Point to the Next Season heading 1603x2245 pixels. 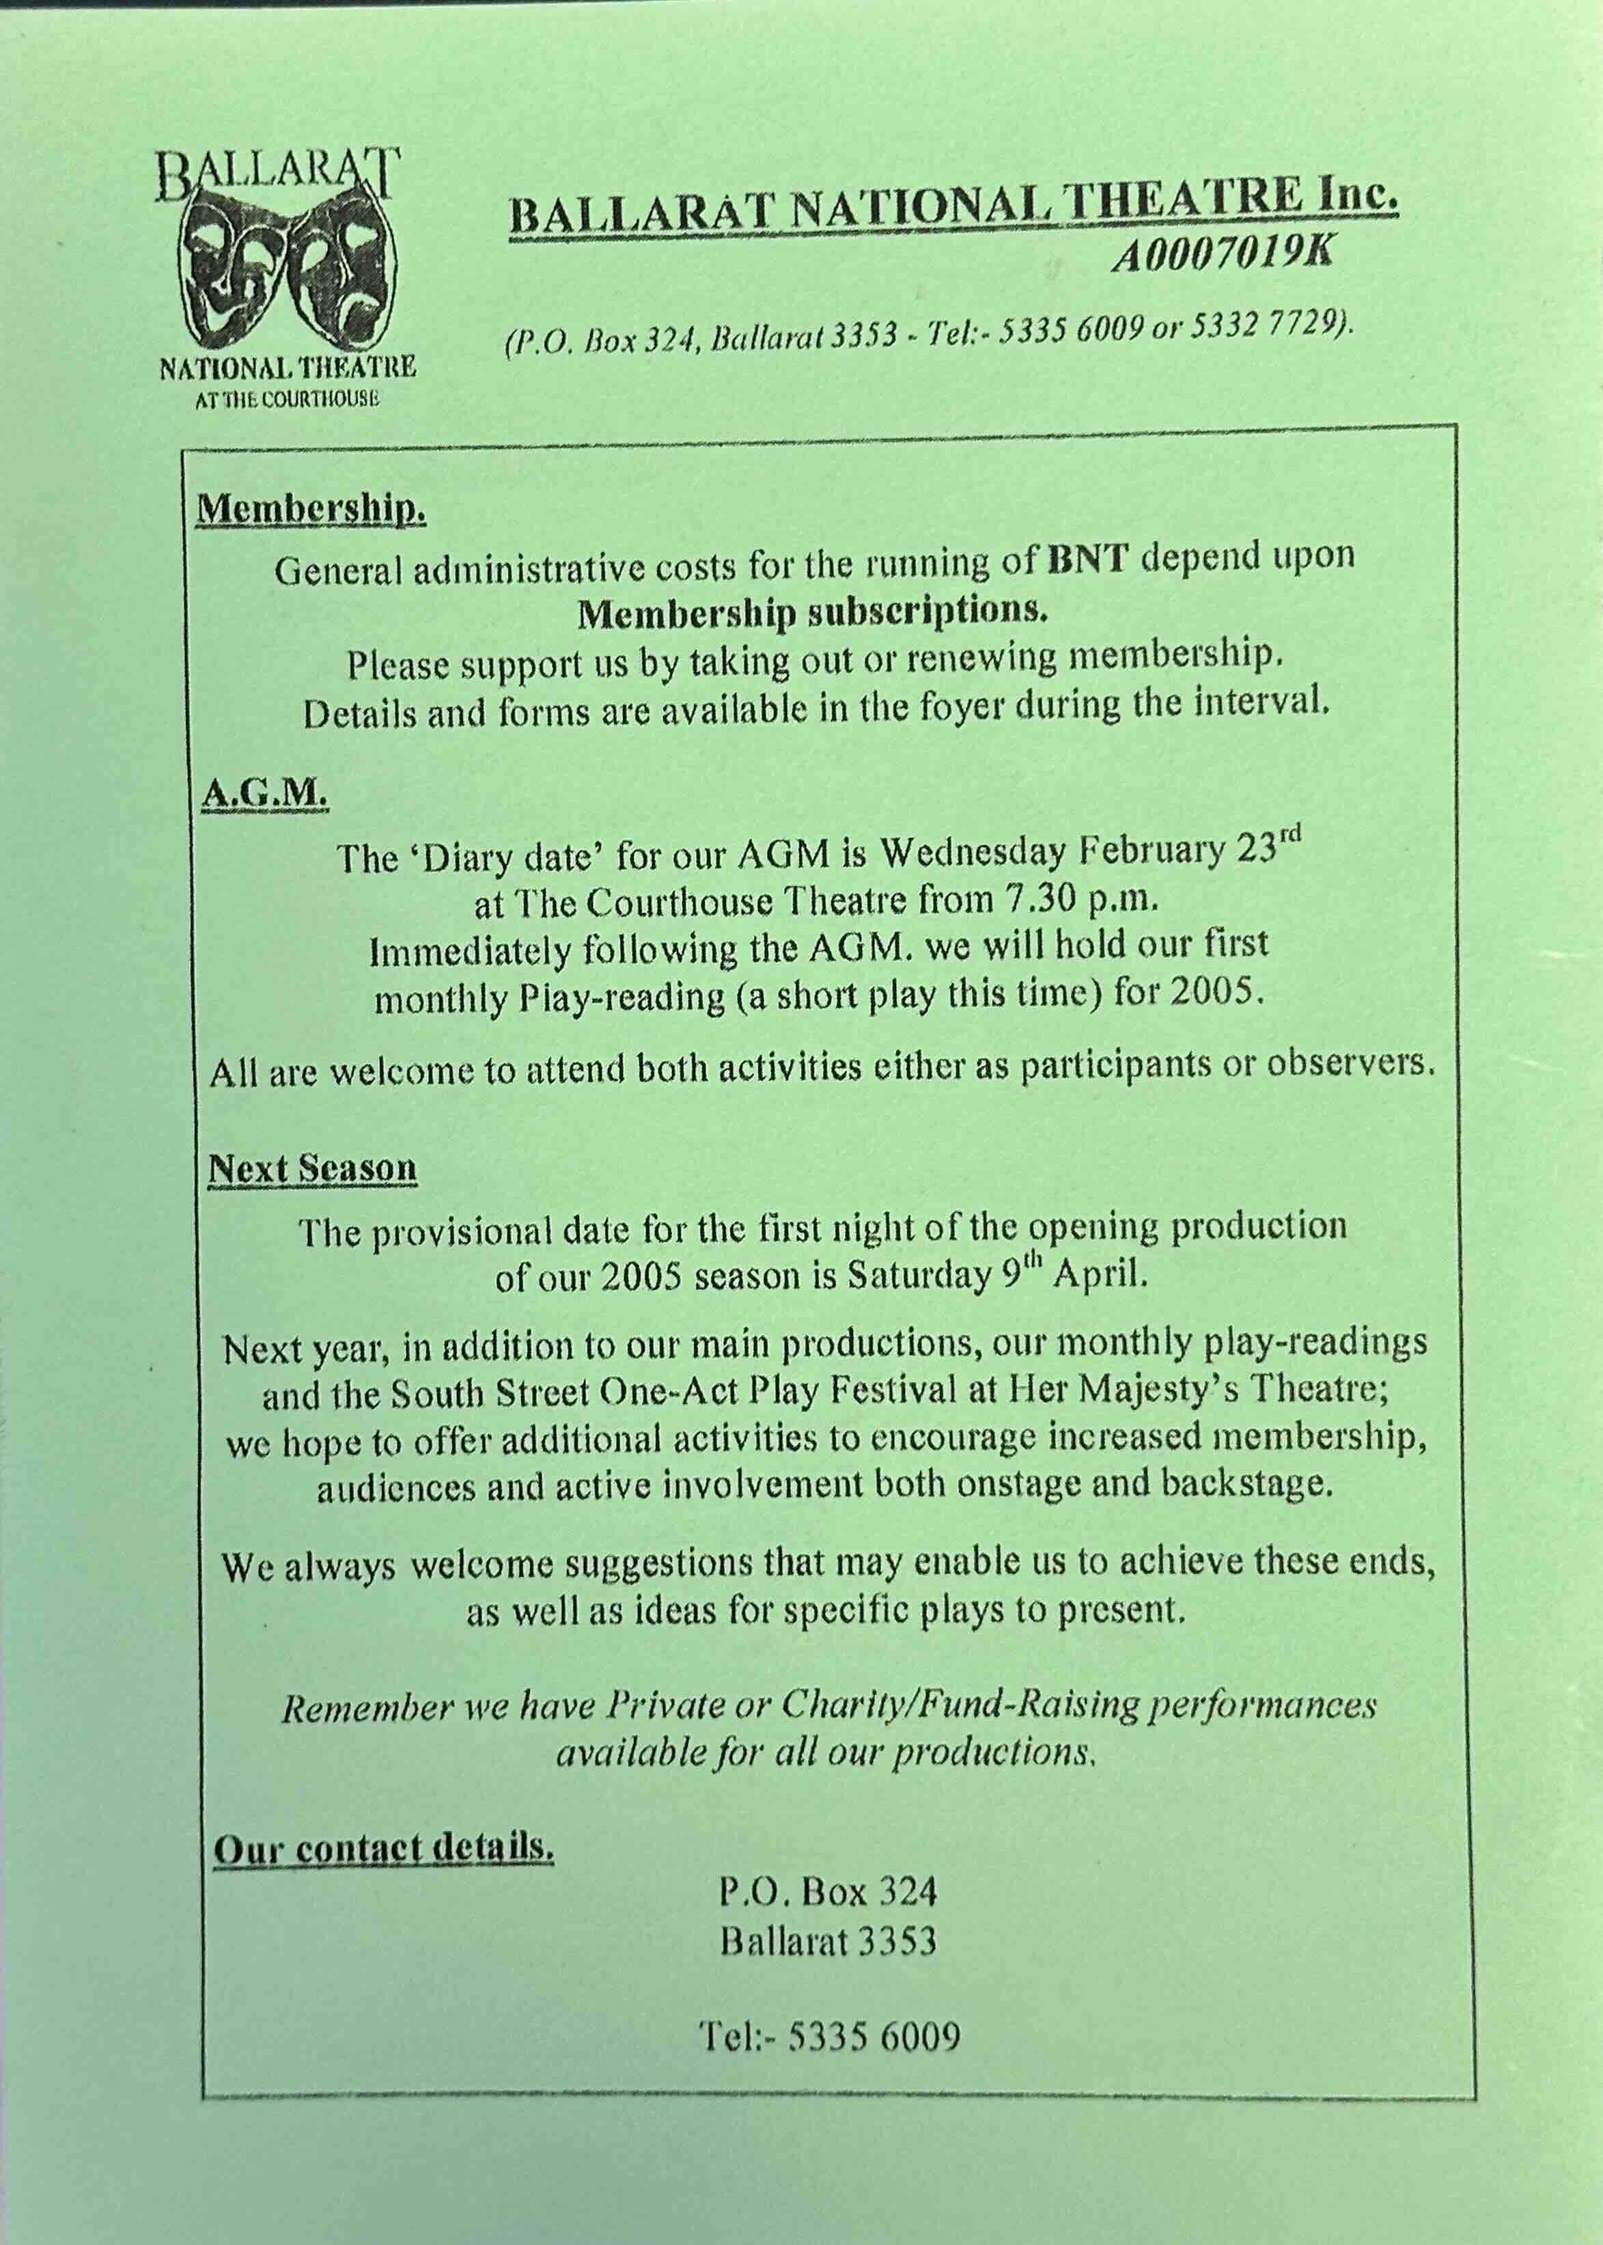(x=312, y=1169)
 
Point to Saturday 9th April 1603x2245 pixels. (x=997, y=1276)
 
